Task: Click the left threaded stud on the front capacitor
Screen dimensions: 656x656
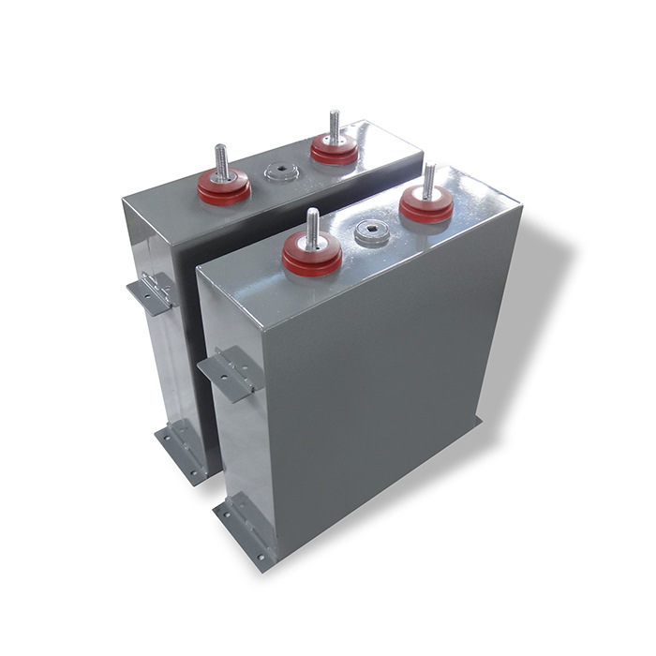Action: (312, 227)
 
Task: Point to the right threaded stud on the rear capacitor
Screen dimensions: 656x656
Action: (334, 126)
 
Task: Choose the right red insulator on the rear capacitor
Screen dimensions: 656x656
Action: (334, 149)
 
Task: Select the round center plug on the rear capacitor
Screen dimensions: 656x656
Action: (278, 172)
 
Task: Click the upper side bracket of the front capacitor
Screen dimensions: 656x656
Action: (228, 371)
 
